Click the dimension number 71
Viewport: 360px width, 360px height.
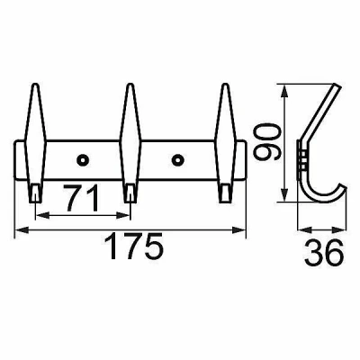pyautogui.click(x=81, y=197)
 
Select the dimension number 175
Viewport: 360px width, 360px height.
pyautogui.click(x=135, y=247)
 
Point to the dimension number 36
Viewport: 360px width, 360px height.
pyautogui.click(x=323, y=252)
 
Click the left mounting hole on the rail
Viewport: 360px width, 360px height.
pyautogui.click(x=83, y=160)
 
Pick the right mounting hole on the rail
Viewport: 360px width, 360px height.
pyautogui.click(x=177, y=160)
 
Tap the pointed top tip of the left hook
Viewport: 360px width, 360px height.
pyautogui.click(x=36, y=84)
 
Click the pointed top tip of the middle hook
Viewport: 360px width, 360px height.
pyautogui.click(x=130, y=84)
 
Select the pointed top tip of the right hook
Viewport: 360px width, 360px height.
pyautogui.click(x=225, y=84)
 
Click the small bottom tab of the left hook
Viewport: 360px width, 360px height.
pyautogui.click(x=35, y=193)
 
